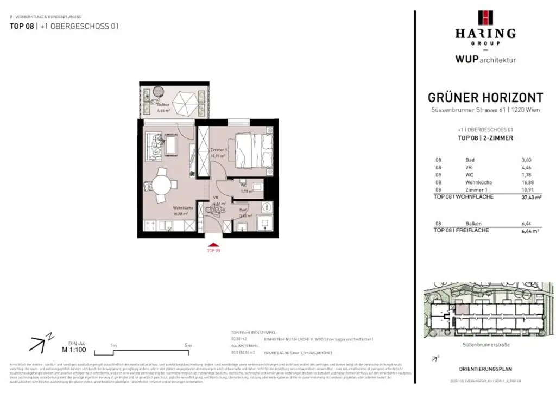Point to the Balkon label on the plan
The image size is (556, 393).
coord(163,105)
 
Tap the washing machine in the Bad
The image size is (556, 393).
coord(266,207)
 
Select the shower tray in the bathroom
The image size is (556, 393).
coord(263,224)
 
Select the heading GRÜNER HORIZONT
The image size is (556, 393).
coord(485,98)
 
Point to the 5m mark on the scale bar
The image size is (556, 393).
coord(188,345)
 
